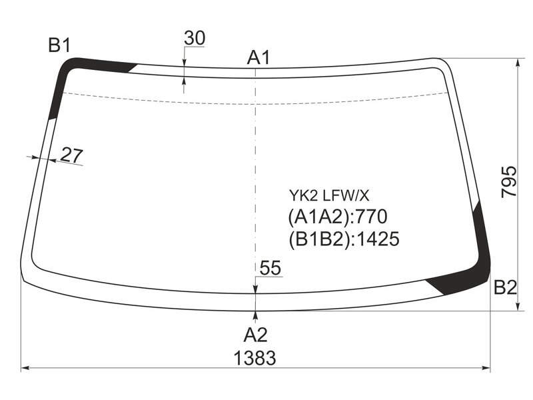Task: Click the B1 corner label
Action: (x=59, y=45)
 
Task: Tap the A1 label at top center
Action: (x=259, y=57)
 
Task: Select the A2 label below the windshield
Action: (x=256, y=335)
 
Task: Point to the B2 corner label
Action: (x=505, y=287)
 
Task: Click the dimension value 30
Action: (x=195, y=38)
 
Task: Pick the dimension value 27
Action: (x=71, y=155)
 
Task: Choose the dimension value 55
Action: (x=270, y=268)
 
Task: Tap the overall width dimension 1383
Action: (x=255, y=358)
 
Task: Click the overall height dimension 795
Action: (x=509, y=181)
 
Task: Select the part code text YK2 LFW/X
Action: (x=328, y=195)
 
